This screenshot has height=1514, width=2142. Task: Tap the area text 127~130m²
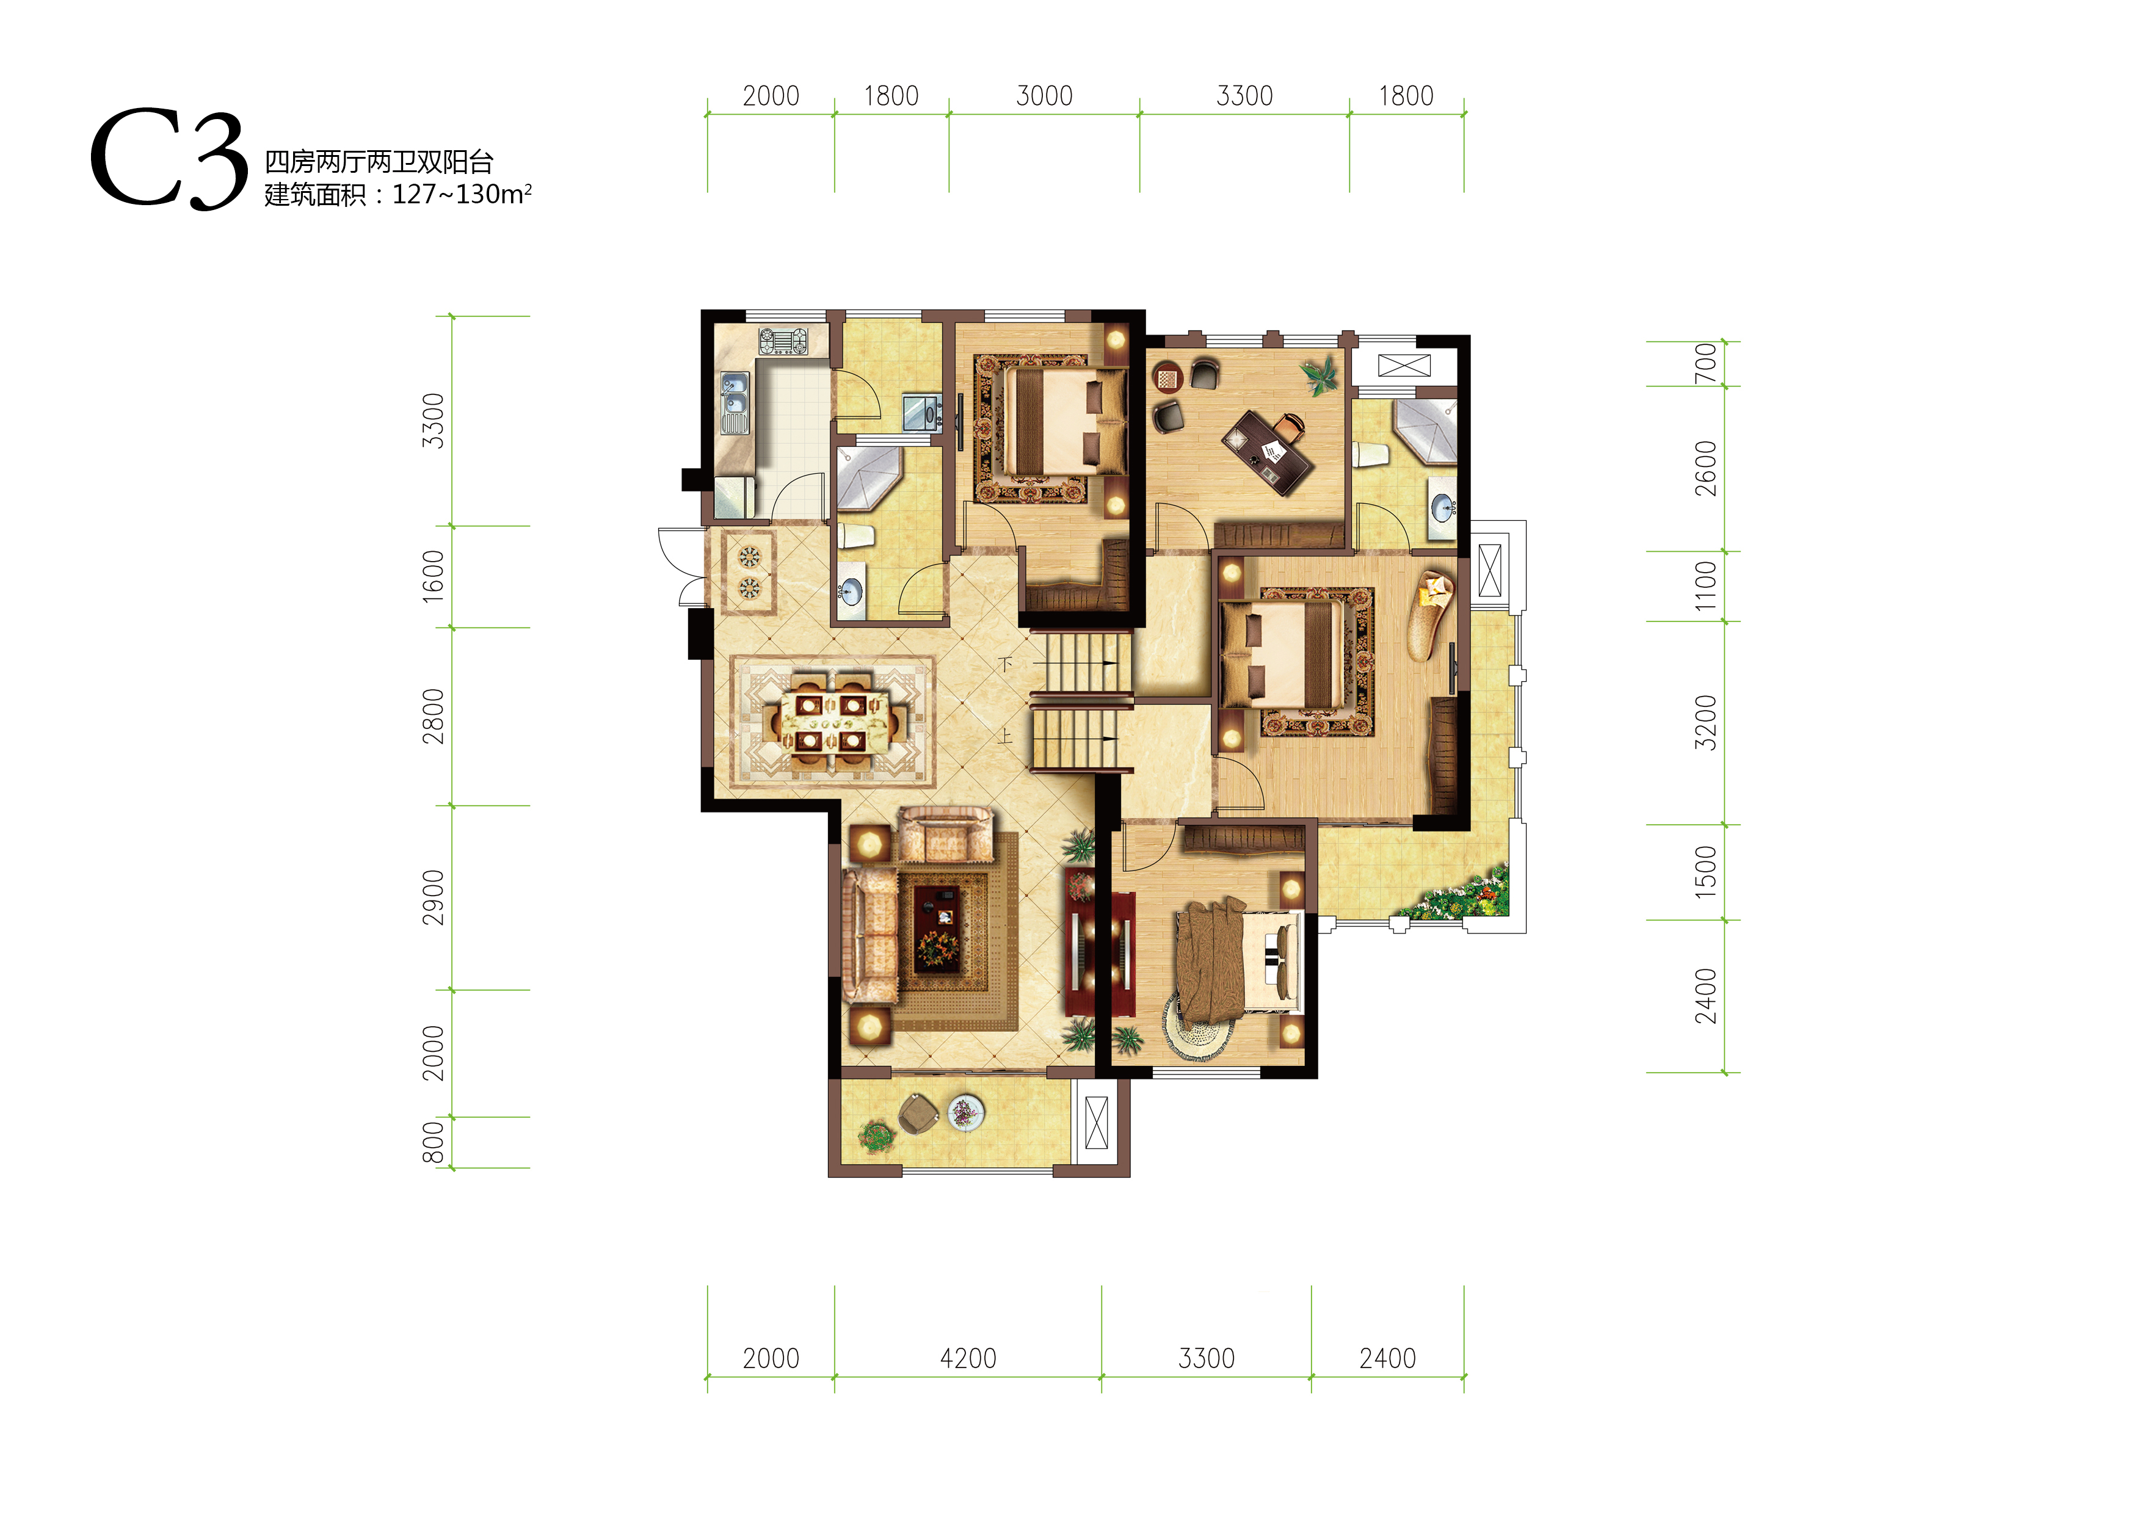click(462, 194)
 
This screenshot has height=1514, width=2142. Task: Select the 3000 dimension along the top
click(1044, 96)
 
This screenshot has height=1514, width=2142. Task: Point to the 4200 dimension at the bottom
click(967, 1358)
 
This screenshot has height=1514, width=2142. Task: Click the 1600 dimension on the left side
click(434, 576)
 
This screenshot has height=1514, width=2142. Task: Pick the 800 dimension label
click(434, 1143)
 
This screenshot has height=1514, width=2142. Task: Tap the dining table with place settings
click(830, 721)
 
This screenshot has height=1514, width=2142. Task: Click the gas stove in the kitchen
click(783, 341)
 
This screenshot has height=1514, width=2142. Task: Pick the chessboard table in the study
click(1167, 378)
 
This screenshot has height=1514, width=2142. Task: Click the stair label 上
click(1005, 736)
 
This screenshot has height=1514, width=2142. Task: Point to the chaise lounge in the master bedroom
click(1429, 616)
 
